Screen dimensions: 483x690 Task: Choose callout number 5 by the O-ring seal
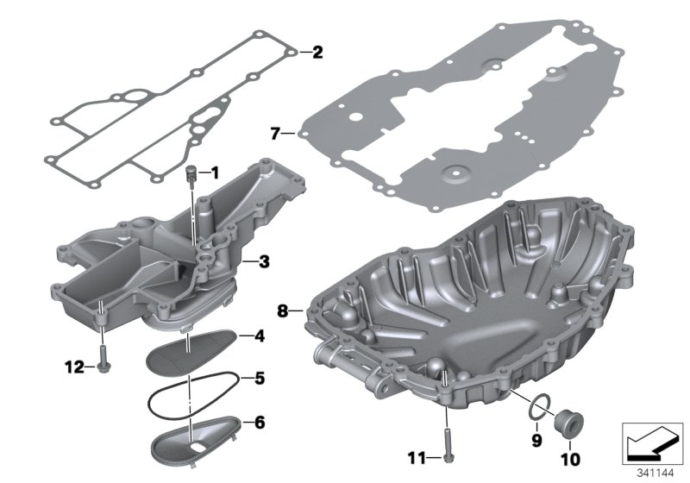pos(258,378)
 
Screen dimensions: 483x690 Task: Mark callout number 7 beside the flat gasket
pos(275,134)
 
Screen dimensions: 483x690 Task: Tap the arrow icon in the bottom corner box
pos(650,441)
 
